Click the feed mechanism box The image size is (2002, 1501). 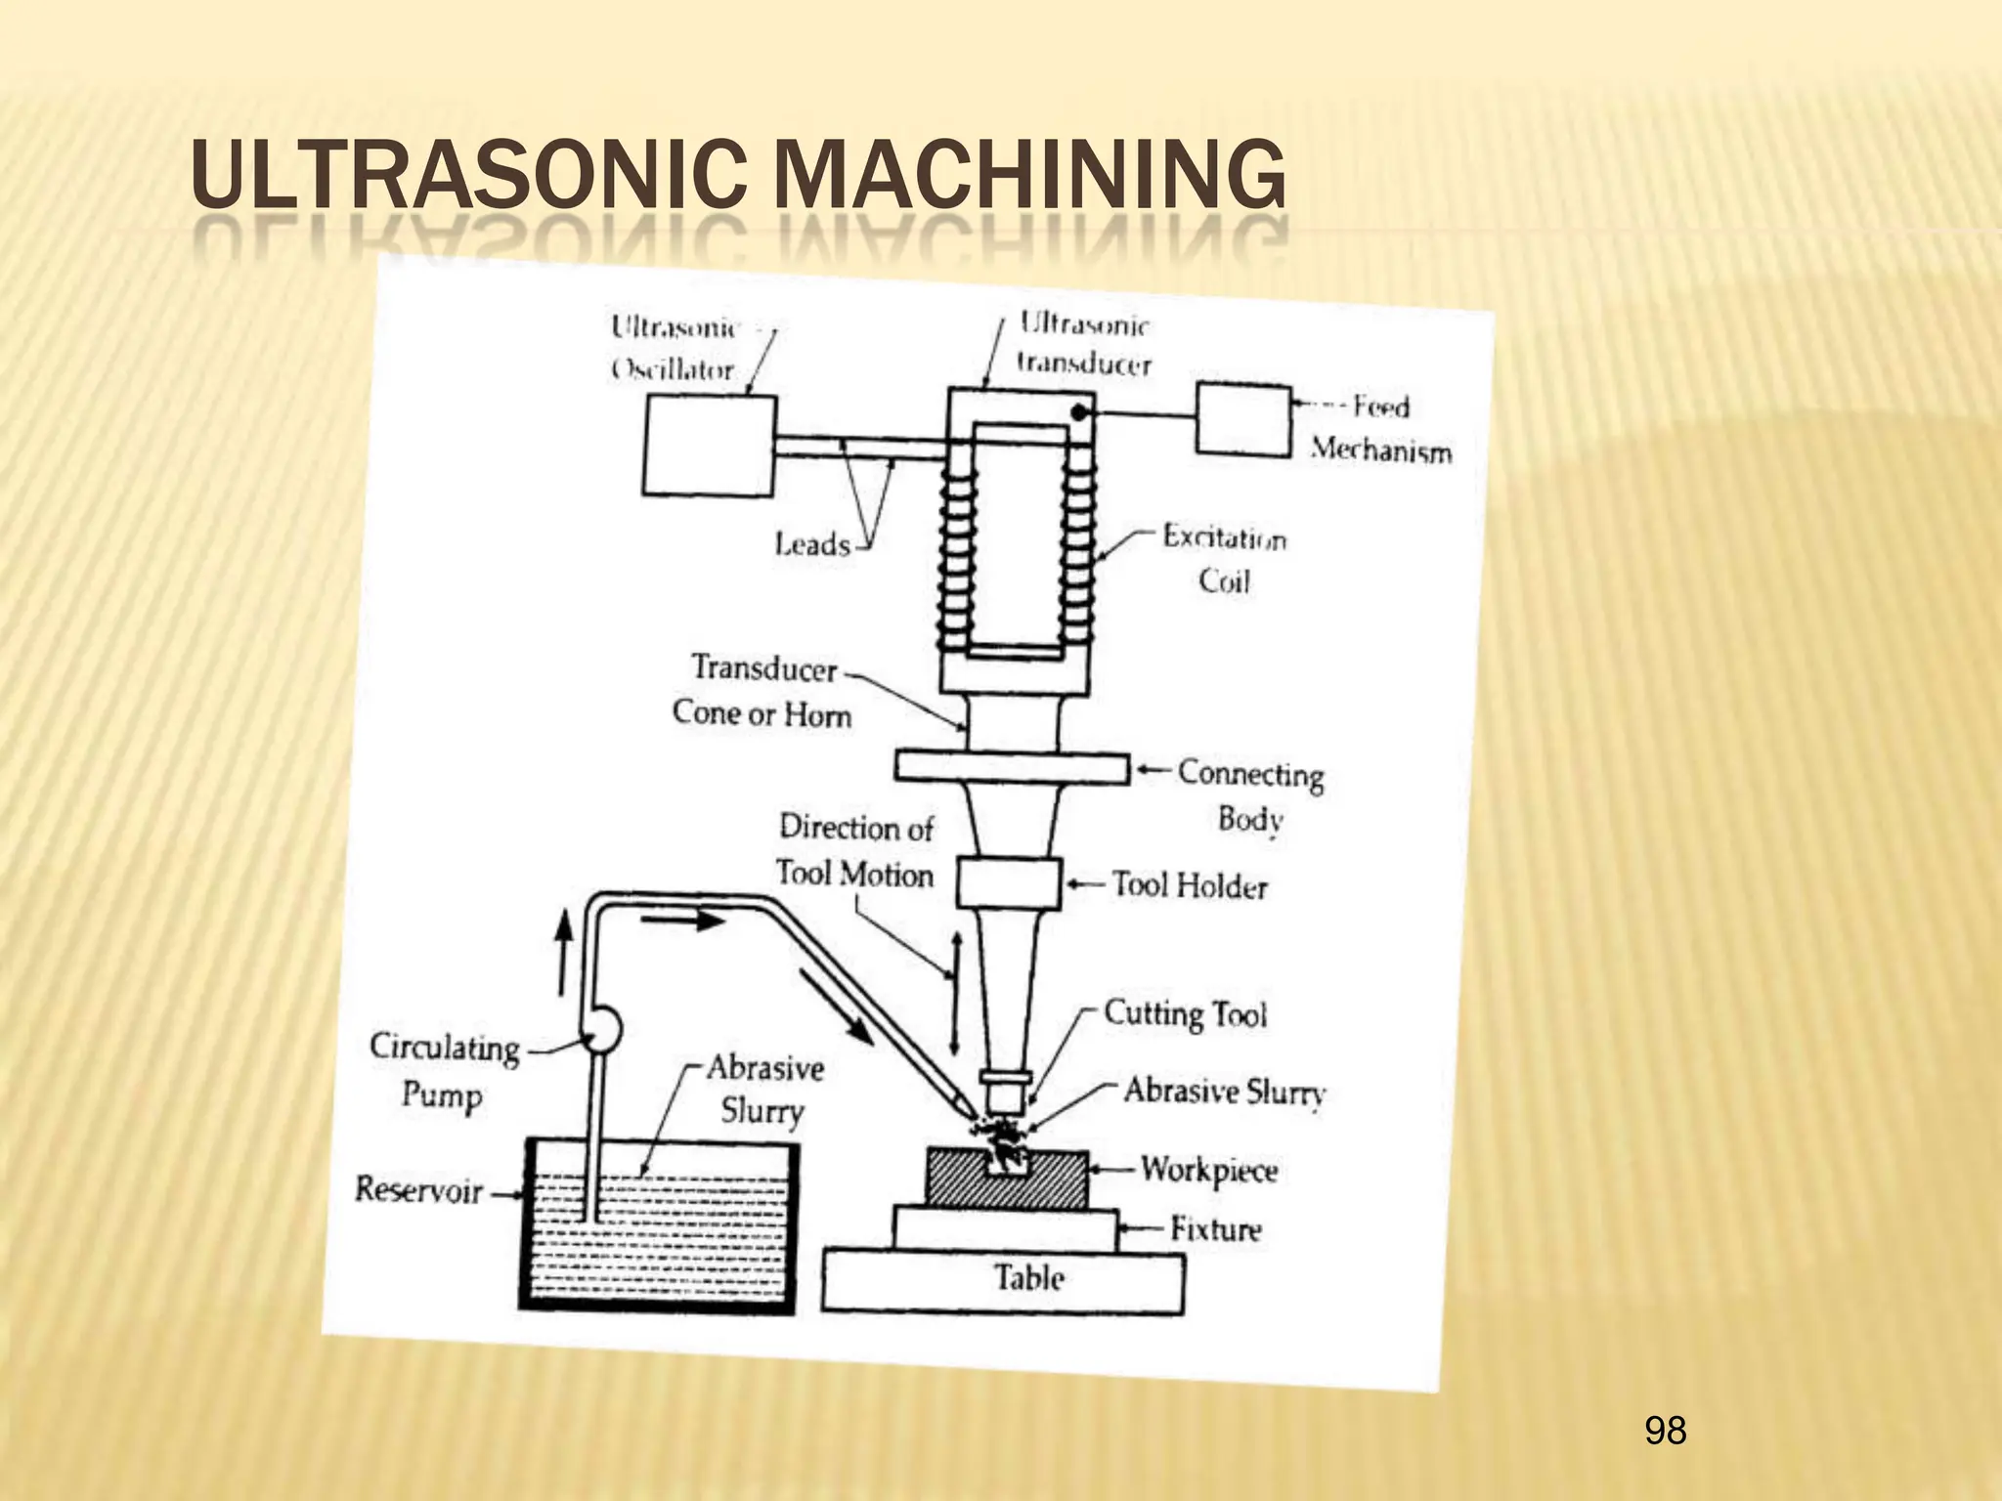pos(1242,420)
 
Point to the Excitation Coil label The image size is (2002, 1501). pos(1223,559)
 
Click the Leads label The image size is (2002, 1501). pos(811,543)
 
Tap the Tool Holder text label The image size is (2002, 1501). pos(1190,885)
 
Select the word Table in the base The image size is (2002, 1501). pos(1028,1277)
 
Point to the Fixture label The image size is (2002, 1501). pos(1216,1228)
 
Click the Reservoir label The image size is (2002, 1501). pos(418,1190)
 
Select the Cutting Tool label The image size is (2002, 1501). pos(1185,1013)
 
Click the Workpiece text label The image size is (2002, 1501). pos(1209,1169)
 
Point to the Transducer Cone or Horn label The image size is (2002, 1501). pos(762,691)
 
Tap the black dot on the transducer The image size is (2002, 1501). pos(1078,413)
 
